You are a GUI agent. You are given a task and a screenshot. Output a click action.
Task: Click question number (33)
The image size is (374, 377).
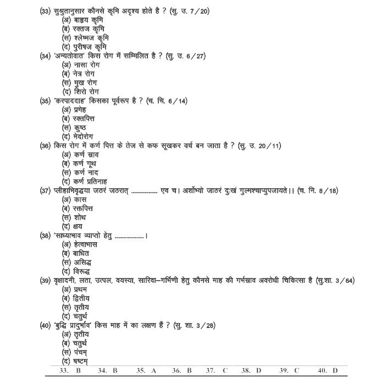(x=46, y=12)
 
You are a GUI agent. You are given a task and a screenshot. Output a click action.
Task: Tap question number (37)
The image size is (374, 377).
(x=46, y=190)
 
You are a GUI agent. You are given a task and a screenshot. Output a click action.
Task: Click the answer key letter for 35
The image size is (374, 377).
(x=154, y=371)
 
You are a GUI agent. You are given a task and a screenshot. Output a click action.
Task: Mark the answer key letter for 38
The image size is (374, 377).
(x=258, y=371)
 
